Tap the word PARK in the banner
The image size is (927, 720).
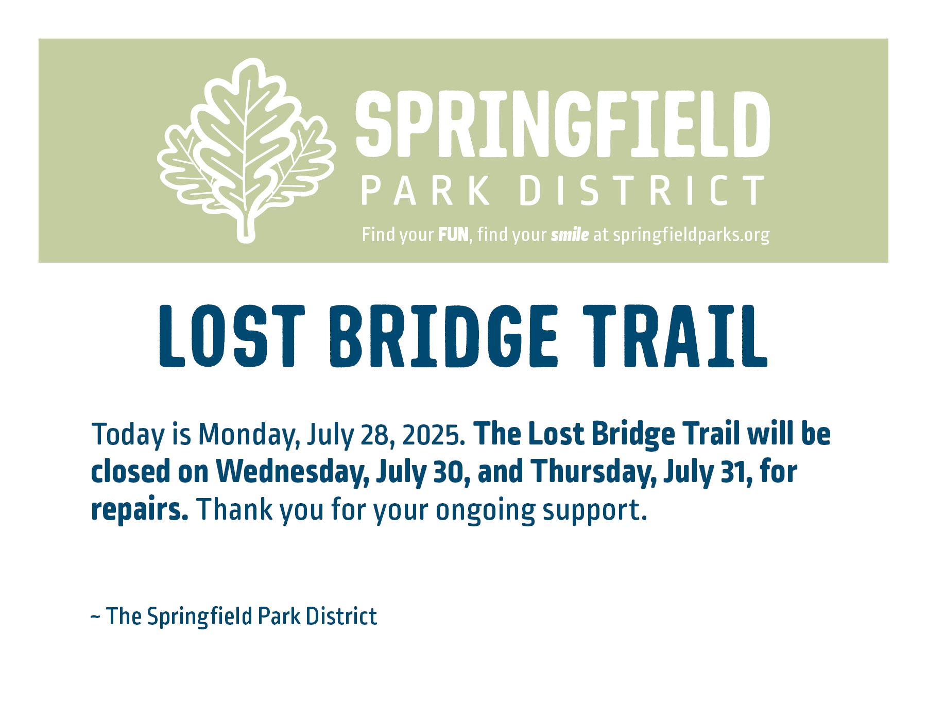tap(425, 190)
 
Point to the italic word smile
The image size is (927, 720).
tap(570, 235)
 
